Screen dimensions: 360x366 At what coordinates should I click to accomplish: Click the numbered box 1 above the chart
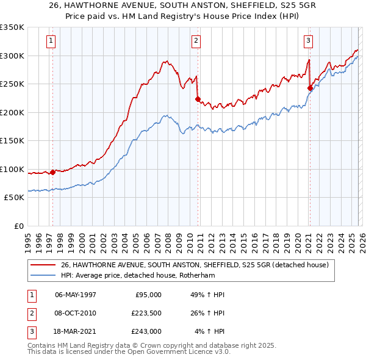[x=50, y=41]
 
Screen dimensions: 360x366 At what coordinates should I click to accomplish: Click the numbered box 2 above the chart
[x=196, y=41]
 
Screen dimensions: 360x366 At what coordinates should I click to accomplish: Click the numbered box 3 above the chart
[x=308, y=41]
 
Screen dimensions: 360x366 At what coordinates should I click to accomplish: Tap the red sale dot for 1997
[x=53, y=172]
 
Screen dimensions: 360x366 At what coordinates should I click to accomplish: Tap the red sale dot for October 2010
[x=198, y=99]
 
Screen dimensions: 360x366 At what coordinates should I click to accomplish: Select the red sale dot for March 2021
[x=310, y=88]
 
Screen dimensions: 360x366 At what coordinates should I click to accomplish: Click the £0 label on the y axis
[x=18, y=226]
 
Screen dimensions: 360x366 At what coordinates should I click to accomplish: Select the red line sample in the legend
[x=43, y=265]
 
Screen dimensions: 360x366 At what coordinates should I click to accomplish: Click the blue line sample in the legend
[x=43, y=275]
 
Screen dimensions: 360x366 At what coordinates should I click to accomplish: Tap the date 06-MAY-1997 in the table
[x=75, y=295]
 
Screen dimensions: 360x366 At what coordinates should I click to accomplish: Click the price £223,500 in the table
[x=146, y=313]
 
